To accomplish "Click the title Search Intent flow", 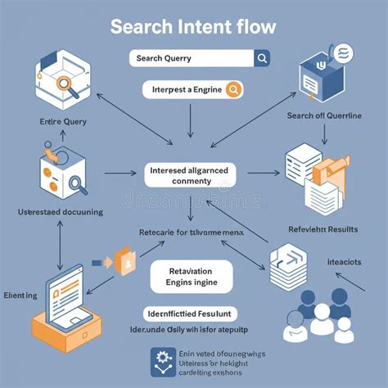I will point(193,26).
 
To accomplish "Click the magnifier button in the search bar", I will point(262,58).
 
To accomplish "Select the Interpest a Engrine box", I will point(193,89).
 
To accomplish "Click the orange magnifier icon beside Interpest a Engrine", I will point(232,89).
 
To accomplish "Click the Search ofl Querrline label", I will point(323,115).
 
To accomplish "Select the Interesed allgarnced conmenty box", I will point(192,176).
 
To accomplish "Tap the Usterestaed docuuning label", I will point(60,212).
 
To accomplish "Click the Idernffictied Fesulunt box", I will point(191,314).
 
